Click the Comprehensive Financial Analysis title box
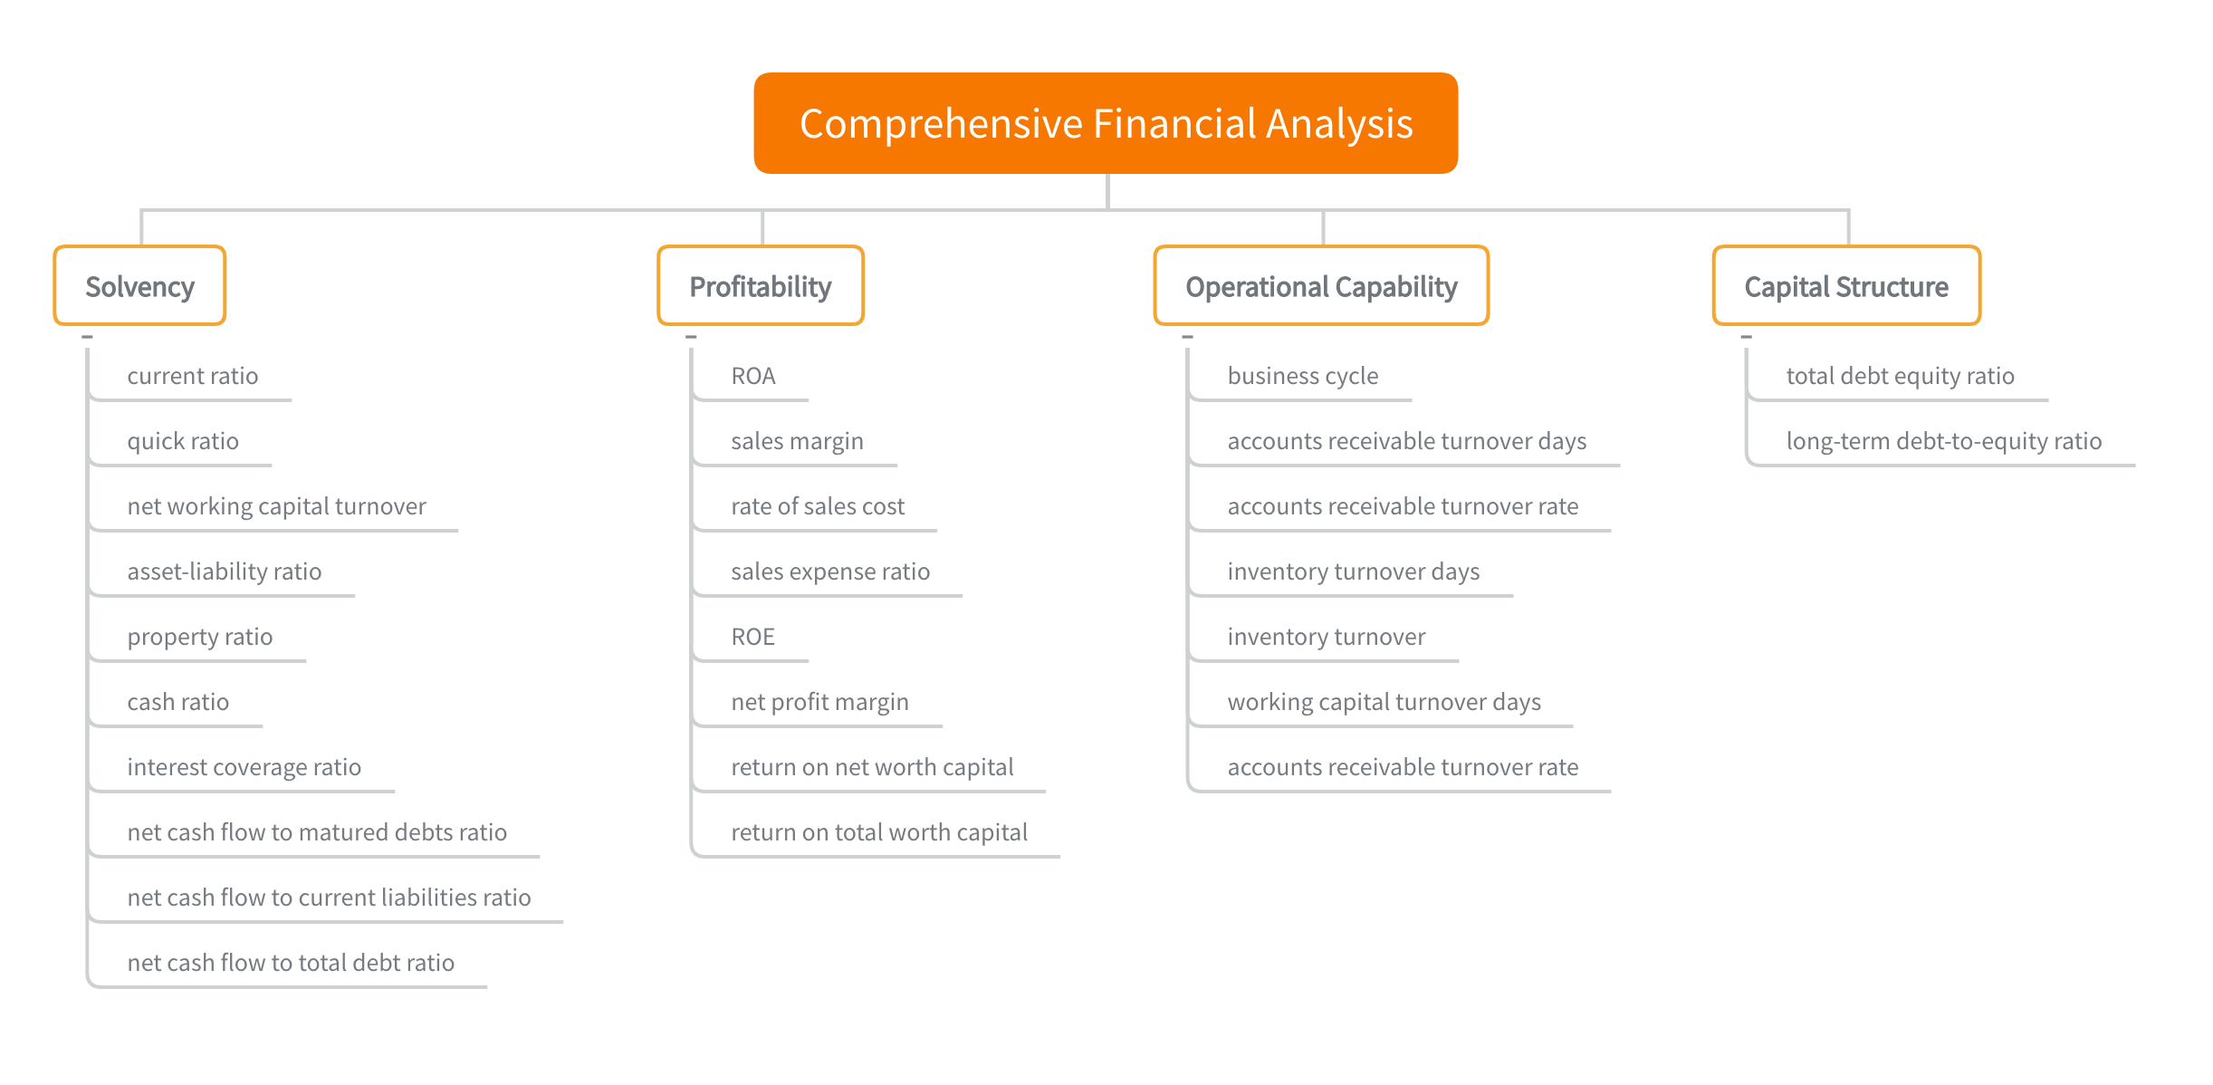pyautogui.click(x=1106, y=123)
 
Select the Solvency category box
pyautogui.click(x=139, y=286)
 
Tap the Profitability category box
pyautogui.click(x=761, y=286)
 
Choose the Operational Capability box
pyautogui.click(x=1321, y=286)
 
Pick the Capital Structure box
pyautogui.click(x=1846, y=286)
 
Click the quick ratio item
pyautogui.click(x=183, y=441)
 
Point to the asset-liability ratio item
pyautogui.click(x=225, y=571)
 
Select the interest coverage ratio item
pyautogui.click(x=244, y=767)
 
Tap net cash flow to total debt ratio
pyautogui.click(x=291, y=963)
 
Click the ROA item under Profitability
pyautogui.click(x=753, y=376)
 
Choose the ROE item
pyautogui.click(x=753, y=637)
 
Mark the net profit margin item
pyautogui.click(x=819, y=702)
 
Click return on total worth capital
pyautogui.click(x=879, y=832)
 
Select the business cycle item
pyautogui.click(x=1303, y=376)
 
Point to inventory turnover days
pyautogui.click(x=1354, y=571)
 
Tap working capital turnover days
pyautogui.click(x=1384, y=702)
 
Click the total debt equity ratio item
pyautogui.click(x=1901, y=376)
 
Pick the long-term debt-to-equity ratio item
pyautogui.click(x=1944, y=441)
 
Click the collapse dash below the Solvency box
pyautogui.click(x=87, y=337)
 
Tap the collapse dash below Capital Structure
pyautogui.click(x=1746, y=337)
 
